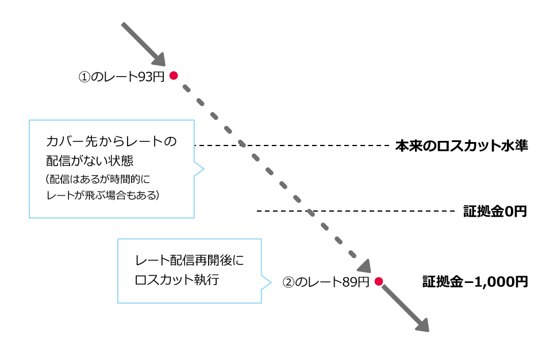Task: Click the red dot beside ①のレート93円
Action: click(173, 75)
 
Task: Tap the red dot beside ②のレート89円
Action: click(378, 281)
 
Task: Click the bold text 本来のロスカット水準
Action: click(462, 146)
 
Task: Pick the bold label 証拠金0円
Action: click(495, 212)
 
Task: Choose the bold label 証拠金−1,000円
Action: click(475, 282)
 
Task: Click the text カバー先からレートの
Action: click(111, 141)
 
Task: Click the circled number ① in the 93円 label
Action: click(84, 76)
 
